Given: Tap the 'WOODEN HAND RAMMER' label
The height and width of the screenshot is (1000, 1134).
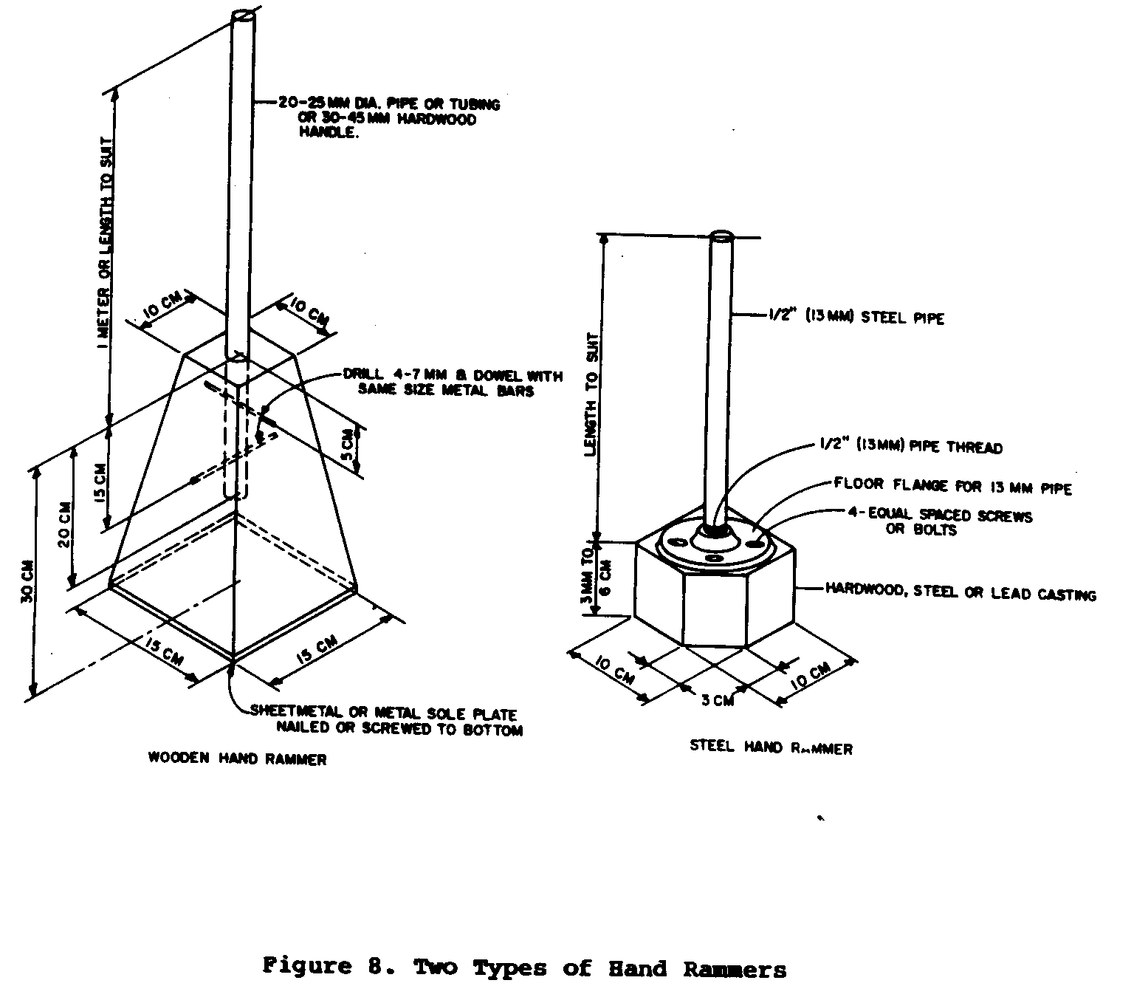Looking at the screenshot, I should pos(237,758).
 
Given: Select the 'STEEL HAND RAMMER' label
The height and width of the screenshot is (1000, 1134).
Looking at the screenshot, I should pos(771,747).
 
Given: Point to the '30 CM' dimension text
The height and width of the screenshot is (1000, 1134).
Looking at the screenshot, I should pos(27,583).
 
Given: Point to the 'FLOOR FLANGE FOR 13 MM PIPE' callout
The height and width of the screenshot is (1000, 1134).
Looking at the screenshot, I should pos(952,486).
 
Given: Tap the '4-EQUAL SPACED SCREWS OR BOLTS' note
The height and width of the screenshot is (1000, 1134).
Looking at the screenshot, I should pos(939,522).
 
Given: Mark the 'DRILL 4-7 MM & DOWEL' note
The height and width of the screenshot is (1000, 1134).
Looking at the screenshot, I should pos(452,382).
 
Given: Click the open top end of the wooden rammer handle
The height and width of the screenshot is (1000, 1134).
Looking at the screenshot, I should pos(243,16).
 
